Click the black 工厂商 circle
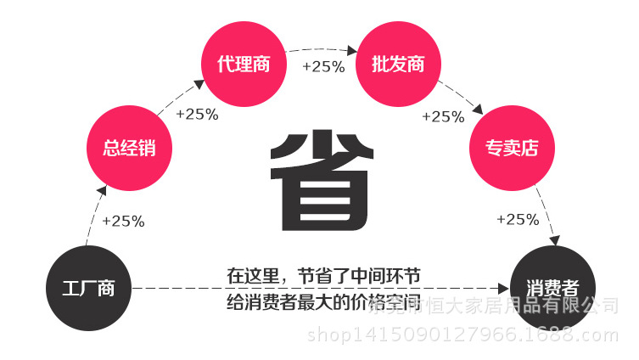(x=88, y=289)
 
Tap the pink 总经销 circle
(x=129, y=148)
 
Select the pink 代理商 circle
(x=244, y=65)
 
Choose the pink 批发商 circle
(x=397, y=65)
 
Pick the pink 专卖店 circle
(x=512, y=148)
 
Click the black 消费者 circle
(x=552, y=287)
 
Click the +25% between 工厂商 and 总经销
(x=123, y=221)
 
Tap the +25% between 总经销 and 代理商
(x=197, y=115)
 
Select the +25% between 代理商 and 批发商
(x=322, y=66)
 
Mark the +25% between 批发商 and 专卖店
(x=443, y=116)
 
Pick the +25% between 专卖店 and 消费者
(x=518, y=219)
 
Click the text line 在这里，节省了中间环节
(x=323, y=277)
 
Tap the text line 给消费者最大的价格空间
(x=323, y=301)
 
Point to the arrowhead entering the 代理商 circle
(x=199, y=83)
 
